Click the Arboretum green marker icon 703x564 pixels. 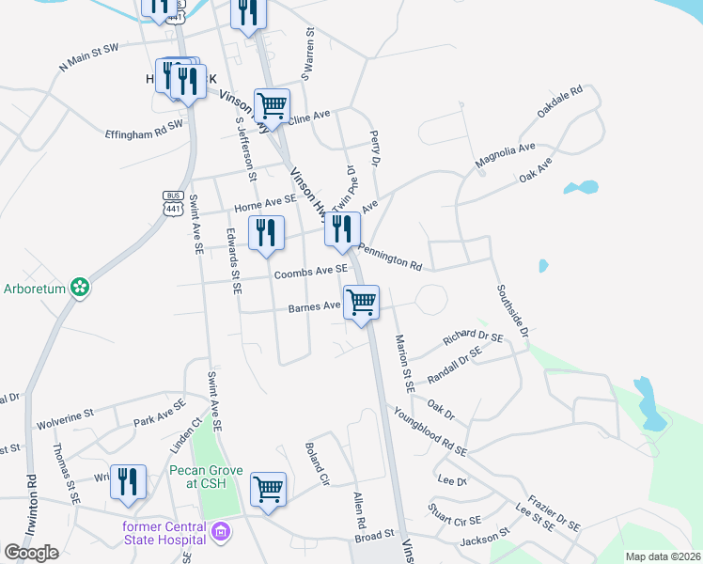coord(81,287)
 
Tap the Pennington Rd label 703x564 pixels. coord(389,255)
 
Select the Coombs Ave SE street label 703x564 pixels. coord(311,273)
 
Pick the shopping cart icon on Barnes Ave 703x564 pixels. coord(361,303)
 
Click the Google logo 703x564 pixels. coord(31,553)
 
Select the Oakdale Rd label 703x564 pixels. coord(560,102)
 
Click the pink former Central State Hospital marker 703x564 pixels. coord(221,534)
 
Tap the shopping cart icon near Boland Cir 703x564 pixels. coord(268,489)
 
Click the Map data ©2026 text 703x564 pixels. coord(663,556)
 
